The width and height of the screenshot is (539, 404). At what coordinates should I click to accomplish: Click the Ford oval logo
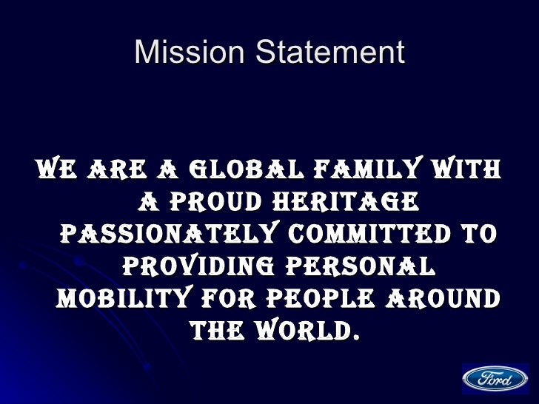click(495, 380)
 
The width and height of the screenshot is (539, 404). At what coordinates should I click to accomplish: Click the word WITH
click(464, 171)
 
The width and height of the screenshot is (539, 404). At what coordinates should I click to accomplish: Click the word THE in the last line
click(217, 329)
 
